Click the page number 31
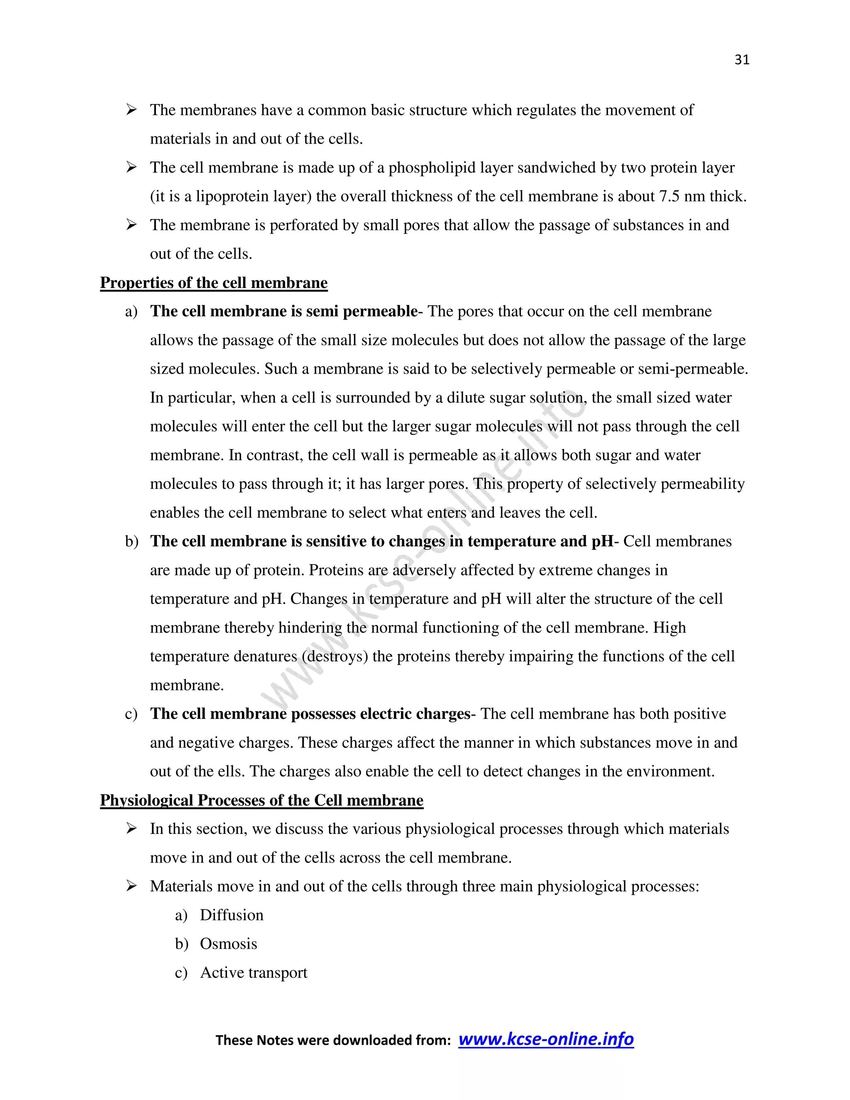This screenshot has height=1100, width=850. tap(742, 60)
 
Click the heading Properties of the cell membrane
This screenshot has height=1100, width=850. tap(213, 283)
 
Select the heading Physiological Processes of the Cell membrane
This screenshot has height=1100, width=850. tap(261, 800)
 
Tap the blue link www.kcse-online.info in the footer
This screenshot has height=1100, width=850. tap(546, 1039)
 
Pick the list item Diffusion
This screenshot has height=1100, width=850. tap(232, 914)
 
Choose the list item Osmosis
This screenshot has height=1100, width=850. tap(229, 944)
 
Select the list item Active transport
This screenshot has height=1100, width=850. tap(254, 972)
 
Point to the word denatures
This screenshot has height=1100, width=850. tap(260, 656)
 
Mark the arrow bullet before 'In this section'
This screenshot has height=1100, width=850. tap(132, 829)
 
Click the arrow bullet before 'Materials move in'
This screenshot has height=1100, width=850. tap(132, 886)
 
